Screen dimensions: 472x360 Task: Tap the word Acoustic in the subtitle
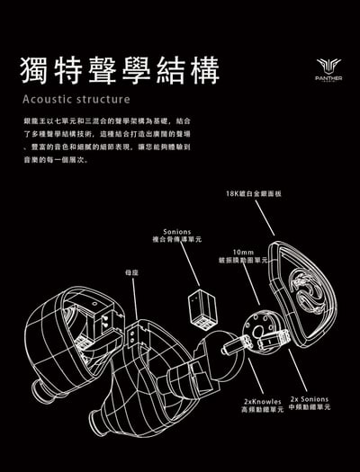point(49,98)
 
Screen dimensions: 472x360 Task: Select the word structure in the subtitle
point(105,98)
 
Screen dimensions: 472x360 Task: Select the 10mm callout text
point(240,252)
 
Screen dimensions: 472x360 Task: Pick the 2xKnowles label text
point(261,399)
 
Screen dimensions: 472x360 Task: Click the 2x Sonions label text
point(310,398)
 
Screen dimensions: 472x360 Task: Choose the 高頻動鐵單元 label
point(261,408)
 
